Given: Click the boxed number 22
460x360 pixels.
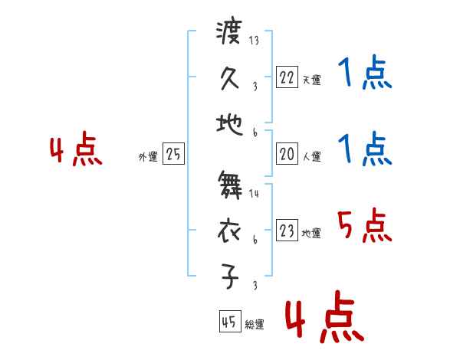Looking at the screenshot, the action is pos(287,77).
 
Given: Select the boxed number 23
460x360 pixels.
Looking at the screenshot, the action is pos(287,231).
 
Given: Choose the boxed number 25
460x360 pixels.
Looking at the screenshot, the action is pos(173,155).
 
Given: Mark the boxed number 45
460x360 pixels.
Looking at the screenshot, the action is pos(228,322).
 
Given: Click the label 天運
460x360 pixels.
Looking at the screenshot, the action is pos(311,80).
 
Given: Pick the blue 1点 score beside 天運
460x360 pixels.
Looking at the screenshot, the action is pos(365,75).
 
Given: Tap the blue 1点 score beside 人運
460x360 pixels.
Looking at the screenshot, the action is pos(365,149).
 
